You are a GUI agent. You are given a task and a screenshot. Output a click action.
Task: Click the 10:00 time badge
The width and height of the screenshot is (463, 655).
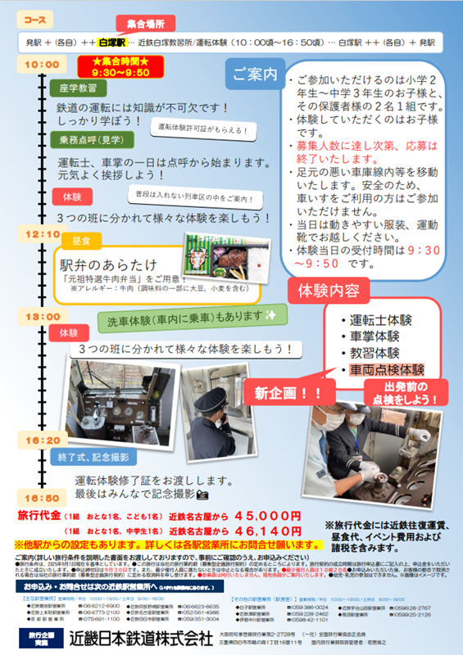point(40,64)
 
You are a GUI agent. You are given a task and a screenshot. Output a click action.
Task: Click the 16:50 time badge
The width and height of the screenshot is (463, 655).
point(40,496)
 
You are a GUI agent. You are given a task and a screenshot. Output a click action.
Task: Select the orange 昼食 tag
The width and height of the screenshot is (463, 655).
point(81,242)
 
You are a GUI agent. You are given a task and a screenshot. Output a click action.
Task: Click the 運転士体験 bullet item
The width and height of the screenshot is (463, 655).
point(379,320)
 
